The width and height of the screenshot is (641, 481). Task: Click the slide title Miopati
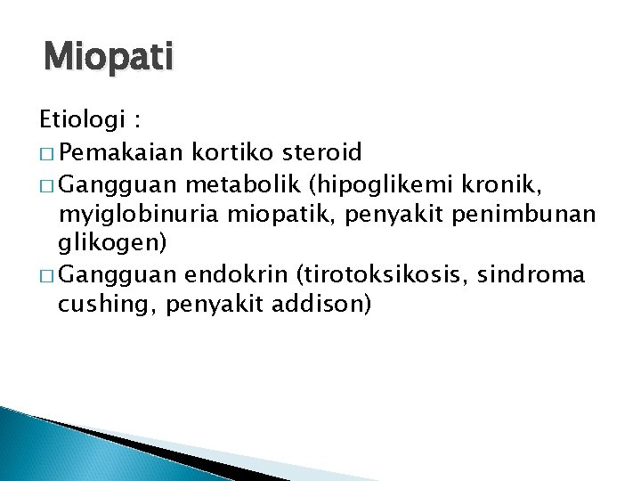(109, 60)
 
